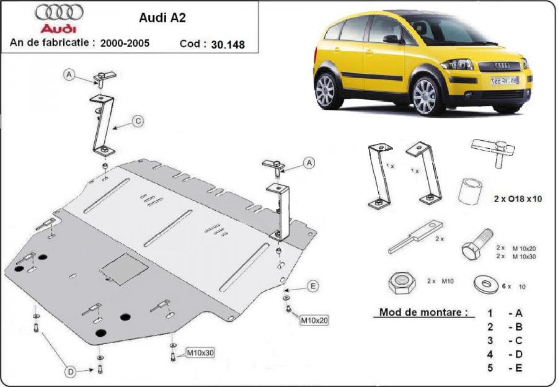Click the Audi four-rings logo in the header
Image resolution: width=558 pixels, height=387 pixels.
click(x=59, y=12)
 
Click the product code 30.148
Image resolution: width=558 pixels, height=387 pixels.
click(x=228, y=45)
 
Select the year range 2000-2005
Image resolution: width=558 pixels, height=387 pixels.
click(x=125, y=43)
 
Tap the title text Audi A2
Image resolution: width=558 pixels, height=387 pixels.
click(x=162, y=18)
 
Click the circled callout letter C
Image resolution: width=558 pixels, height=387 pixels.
click(x=138, y=122)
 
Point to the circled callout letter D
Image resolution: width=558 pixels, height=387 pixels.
click(x=71, y=372)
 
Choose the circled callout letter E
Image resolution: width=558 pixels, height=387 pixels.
click(x=313, y=286)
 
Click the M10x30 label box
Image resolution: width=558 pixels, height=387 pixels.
click(x=200, y=353)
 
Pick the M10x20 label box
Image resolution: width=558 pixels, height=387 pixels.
click(x=314, y=320)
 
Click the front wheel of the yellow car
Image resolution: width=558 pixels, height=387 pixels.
click(x=425, y=96)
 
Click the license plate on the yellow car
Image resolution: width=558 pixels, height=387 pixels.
click(x=504, y=81)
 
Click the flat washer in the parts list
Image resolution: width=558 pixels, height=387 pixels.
click(x=486, y=284)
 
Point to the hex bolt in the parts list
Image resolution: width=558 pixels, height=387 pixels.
click(x=477, y=245)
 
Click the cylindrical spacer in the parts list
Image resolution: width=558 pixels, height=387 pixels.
click(x=470, y=192)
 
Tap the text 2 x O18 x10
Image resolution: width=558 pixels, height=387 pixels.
click(x=518, y=199)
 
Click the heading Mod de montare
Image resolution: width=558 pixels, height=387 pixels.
click(x=423, y=312)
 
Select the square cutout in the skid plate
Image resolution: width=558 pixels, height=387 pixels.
click(x=124, y=269)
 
